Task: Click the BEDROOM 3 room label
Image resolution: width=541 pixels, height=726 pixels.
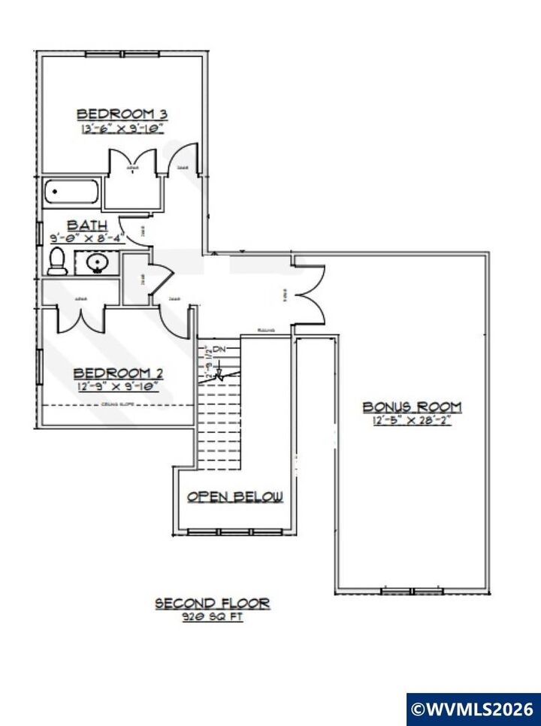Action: pos(122,113)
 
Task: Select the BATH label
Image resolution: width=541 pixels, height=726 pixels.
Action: pos(88,225)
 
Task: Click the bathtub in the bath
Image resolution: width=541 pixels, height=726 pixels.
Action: pos(71,193)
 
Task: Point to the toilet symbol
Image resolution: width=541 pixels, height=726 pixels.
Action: pos(56,261)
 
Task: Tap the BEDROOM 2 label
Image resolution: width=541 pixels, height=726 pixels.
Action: pos(117,373)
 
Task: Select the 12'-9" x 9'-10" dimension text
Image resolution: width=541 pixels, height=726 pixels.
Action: pos(117,387)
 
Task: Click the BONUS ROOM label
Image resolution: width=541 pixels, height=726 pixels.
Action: pos(412,407)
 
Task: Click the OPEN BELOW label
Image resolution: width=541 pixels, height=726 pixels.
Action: pos(234,497)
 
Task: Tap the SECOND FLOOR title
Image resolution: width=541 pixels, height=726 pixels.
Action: pos(212,603)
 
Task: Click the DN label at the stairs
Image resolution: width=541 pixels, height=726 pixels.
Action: pos(219,350)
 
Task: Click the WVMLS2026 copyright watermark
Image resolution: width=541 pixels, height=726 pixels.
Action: pos(473,709)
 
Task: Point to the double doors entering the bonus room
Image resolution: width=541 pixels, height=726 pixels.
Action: pos(310,295)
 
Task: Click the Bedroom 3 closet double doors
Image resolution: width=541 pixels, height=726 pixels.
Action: pos(133,161)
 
